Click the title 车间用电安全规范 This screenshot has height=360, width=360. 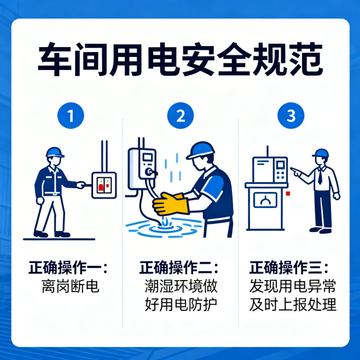click(179, 61)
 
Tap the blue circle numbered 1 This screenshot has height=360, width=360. click(70, 116)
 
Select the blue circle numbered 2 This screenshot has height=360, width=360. click(181, 116)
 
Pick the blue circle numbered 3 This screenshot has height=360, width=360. click(291, 116)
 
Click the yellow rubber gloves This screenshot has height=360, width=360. click(170, 204)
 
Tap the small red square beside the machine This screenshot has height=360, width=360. click(287, 193)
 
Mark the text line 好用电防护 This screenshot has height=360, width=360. click(179, 304)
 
